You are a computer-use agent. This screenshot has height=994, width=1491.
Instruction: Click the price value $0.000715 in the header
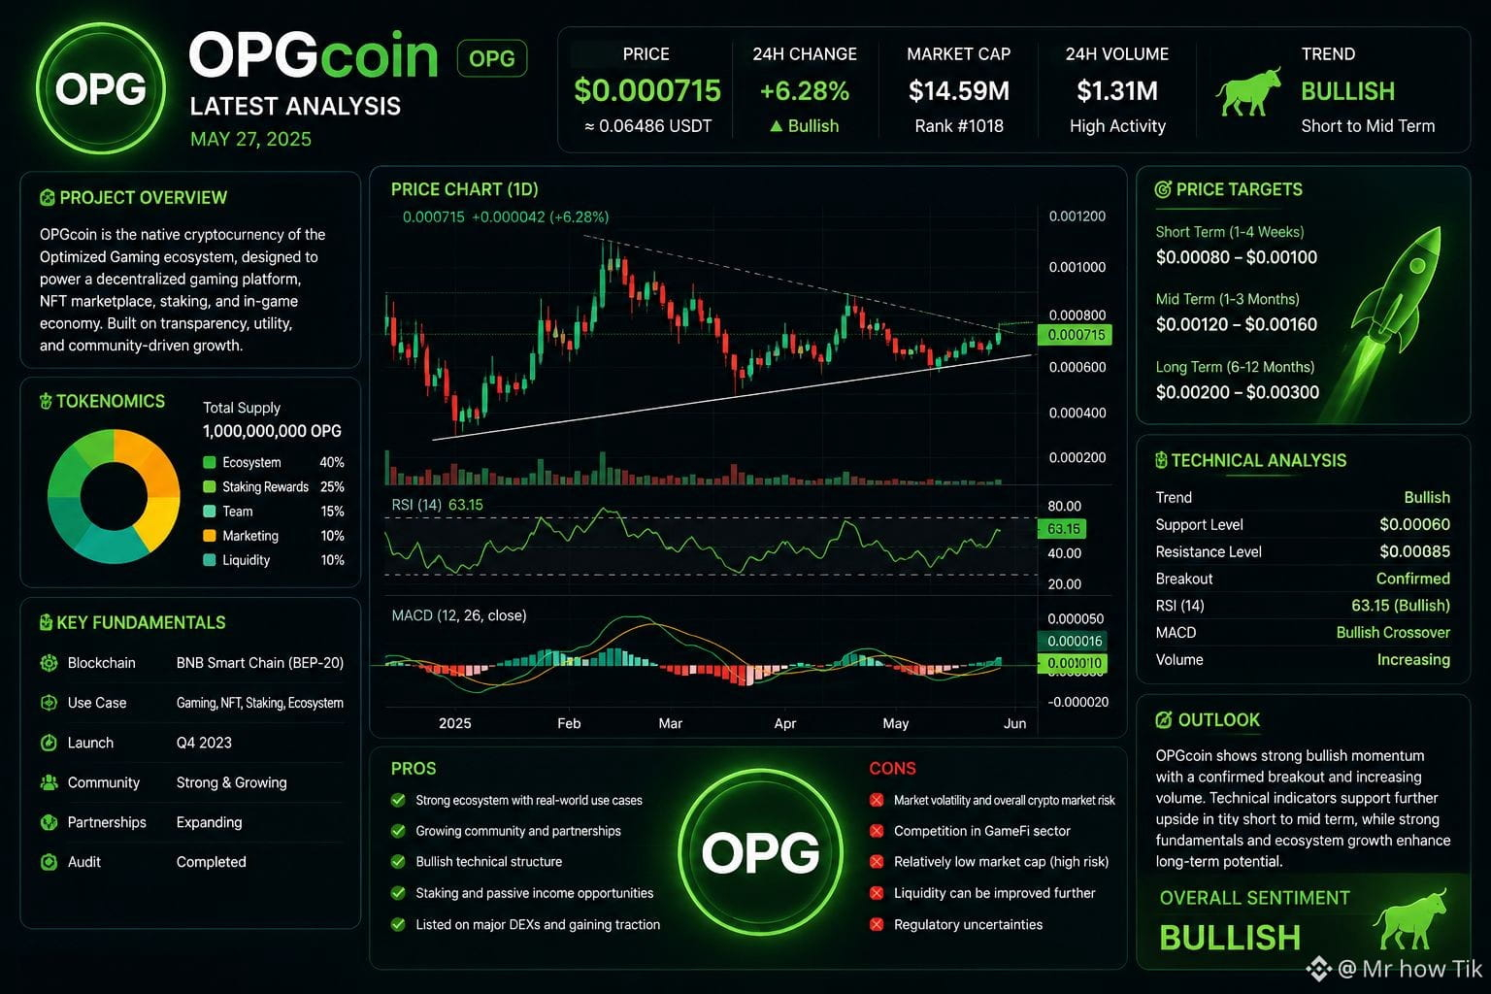coord(647,90)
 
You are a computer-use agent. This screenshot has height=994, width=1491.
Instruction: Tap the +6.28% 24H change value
coord(805,90)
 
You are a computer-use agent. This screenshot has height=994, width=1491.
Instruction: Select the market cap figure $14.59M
coord(958,90)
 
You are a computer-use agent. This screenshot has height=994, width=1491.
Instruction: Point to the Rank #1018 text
coord(958,126)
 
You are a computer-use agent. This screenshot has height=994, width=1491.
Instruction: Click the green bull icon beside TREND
coord(1248,92)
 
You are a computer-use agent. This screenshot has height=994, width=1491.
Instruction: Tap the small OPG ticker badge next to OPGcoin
coord(492,58)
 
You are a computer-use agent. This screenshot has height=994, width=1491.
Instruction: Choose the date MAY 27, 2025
coord(251,139)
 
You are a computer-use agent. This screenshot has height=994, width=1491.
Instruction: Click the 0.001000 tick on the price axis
coord(1077,267)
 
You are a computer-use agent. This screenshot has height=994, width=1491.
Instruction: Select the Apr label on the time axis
coord(784,723)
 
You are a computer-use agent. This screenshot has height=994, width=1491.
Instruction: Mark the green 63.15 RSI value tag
coord(1062,529)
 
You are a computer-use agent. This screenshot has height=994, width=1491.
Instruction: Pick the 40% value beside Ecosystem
coord(331,462)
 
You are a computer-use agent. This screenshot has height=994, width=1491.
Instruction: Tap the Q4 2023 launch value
coord(204,743)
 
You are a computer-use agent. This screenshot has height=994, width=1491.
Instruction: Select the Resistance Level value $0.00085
coord(1414,551)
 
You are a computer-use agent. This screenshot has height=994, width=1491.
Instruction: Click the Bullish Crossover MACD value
coord(1393,633)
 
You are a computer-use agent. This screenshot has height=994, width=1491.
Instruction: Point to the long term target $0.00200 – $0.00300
coord(1238,392)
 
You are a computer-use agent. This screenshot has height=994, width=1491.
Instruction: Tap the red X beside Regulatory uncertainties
coord(877,924)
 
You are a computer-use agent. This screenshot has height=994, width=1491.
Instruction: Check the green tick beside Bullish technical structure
coord(398,862)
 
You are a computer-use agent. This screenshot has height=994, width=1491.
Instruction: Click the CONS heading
coord(893,768)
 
